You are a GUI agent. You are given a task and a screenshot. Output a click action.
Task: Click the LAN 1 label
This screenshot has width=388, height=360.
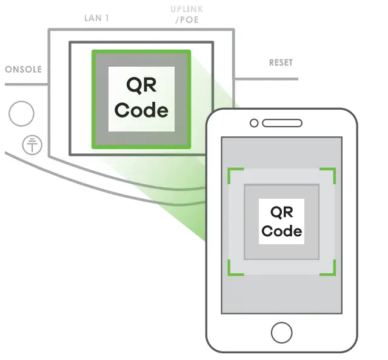(x=96, y=18)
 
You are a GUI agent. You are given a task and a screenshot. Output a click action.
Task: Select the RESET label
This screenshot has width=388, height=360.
(x=280, y=63)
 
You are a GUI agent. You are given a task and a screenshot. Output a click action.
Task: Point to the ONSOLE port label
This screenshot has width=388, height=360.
(x=23, y=70)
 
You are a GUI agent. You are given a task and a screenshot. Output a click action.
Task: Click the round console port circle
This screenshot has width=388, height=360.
(x=21, y=113)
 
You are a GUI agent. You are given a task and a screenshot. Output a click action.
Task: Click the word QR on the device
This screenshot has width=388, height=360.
(x=141, y=85)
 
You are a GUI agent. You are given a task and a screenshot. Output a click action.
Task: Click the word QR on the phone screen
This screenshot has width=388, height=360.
(x=281, y=212)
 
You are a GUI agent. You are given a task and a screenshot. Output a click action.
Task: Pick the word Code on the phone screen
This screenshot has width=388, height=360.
(x=281, y=231)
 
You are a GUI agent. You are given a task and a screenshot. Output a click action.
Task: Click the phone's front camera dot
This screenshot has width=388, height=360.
(x=255, y=124)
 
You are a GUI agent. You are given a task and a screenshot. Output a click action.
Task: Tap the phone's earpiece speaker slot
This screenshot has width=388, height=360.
(x=282, y=124)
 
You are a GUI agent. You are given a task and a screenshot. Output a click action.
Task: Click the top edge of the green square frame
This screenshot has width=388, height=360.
(x=141, y=52)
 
